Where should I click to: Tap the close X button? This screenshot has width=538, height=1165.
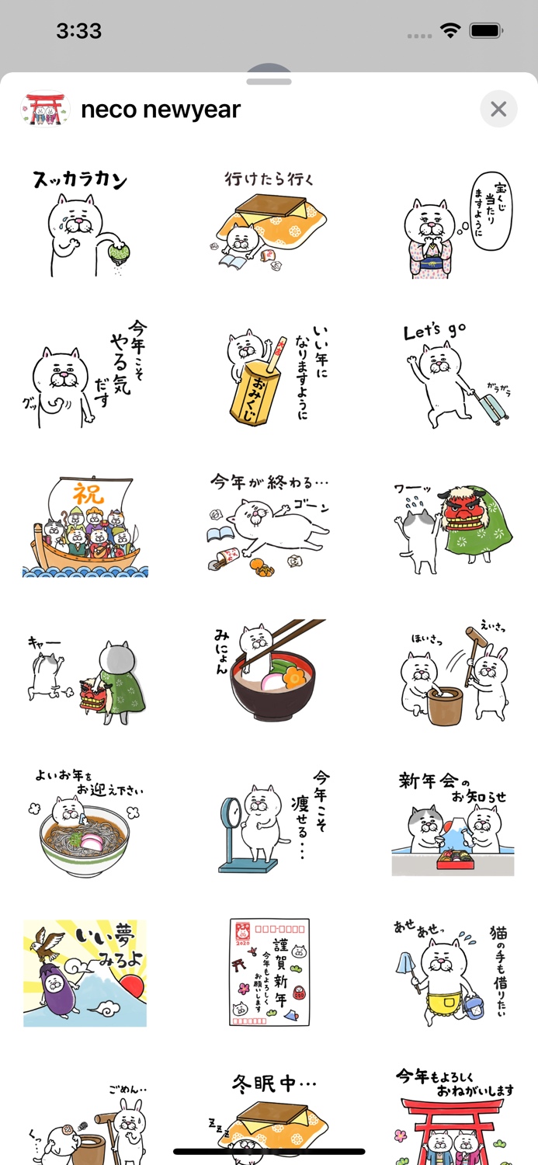point(498,110)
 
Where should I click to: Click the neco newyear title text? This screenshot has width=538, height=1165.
point(161,110)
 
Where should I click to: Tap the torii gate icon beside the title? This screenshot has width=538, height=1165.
point(45,109)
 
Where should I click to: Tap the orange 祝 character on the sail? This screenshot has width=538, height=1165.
point(88,493)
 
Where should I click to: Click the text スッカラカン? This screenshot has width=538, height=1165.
point(80,180)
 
